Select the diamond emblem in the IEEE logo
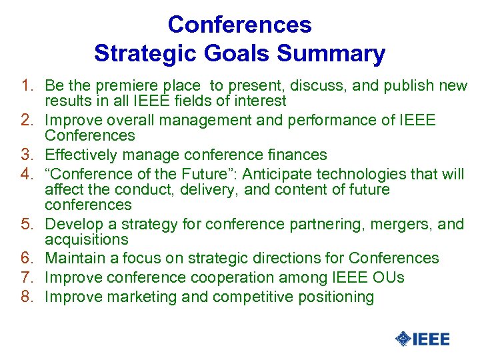point(403,339)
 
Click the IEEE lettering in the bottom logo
point(431,339)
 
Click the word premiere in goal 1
point(134,86)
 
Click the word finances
point(294,155)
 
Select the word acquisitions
point(86,239)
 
